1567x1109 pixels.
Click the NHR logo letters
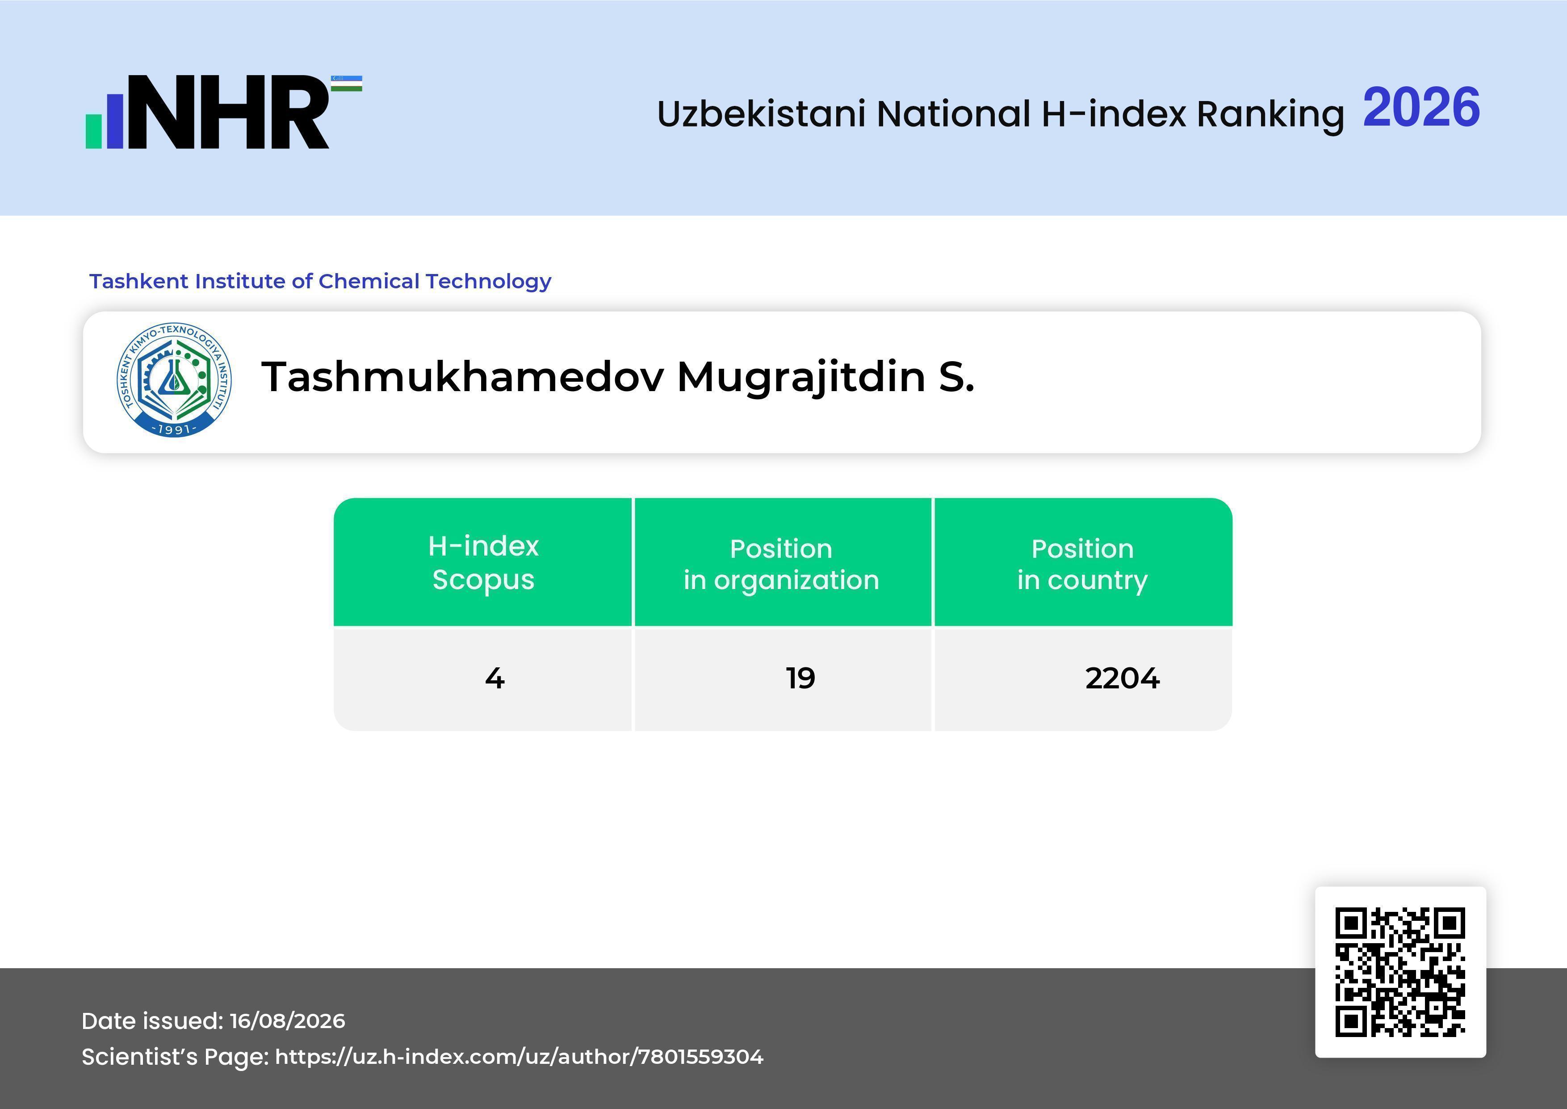click(228, 112)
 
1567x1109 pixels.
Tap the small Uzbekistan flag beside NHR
click(347, 83)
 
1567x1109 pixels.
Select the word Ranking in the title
click(1270, 114)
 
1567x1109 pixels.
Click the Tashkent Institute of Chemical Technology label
click(320, 281)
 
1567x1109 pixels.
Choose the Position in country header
click(1082, 564)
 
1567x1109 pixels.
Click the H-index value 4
click(495, 678)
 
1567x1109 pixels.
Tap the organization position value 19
click(800, 678)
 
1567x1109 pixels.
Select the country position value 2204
click(1122, 678)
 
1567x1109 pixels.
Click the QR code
click(1400, 972)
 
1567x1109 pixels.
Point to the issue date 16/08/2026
click(287, 1021)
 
